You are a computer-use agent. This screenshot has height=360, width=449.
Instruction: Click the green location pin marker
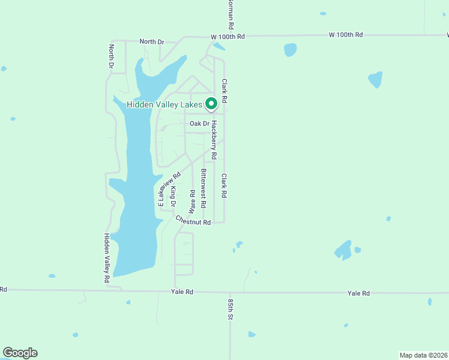(211, 104)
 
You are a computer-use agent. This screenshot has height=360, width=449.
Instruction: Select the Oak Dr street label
(199, 124)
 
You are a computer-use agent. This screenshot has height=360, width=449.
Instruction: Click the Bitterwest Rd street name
(203, 188)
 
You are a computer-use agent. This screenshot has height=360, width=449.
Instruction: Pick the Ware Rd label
(192, 202)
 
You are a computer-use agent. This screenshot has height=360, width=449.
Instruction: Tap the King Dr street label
(173, 196)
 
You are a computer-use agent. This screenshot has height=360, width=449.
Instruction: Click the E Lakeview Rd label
(169, 190)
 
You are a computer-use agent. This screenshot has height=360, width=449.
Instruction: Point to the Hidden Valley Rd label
(106, 258)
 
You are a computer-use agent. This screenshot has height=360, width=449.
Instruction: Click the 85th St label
(230, 307)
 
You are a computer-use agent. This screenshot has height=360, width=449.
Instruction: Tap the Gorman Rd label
(230, 15)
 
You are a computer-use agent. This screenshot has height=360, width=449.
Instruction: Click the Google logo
(20, 353)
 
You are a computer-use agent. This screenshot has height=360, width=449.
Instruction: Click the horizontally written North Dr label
(151, 41)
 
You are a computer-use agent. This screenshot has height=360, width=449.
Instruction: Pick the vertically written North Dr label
(111, 56)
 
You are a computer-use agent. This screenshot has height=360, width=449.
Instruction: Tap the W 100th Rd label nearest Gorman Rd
(228, 37)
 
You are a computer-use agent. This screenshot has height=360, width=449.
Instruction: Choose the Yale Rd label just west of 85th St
(182, 292)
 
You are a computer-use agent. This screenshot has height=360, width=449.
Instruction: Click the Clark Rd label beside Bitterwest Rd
(224, 187)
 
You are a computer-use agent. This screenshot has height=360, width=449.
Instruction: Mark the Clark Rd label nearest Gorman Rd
(224, 90)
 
